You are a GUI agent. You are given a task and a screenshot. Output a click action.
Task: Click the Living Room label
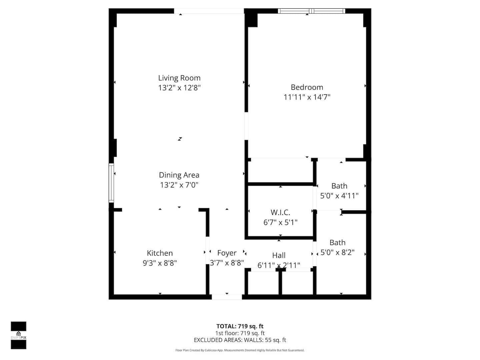pyautogui.click(x=179, y=78)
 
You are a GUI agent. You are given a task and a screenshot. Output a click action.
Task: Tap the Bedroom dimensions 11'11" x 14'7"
pyautogui.click(x=307, y=97)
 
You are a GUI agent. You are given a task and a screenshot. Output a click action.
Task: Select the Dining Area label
pyautogui.click(x=179, y=175)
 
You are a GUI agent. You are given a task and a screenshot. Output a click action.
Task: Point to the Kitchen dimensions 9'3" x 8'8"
pyautogui.click(x=160, y=263)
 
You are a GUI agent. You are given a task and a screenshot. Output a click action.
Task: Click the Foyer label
pyautogui.click(x=227, y=253)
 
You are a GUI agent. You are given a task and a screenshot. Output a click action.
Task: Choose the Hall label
pyautogui.click(x=279, y=255)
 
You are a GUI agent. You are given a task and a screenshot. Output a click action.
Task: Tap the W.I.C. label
pyautogui.click(x=280, y=212)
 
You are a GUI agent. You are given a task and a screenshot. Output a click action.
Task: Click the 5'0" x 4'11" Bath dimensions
pyautogui.click(x=339, y=196)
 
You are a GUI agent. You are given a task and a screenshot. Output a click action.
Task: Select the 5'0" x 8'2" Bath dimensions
pyautogui.click(x=337, y=252)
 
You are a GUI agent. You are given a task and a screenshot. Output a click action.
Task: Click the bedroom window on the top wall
pyautogui.click(x=311, y=11)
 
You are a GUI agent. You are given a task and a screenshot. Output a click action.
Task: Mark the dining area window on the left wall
pyautogui.click(x=111, y=183)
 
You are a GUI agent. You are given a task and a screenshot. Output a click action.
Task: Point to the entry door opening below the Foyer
pyautogui.click(x=227, y=297)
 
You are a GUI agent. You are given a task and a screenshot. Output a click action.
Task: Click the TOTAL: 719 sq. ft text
pyautogui.click(x=240, y=326)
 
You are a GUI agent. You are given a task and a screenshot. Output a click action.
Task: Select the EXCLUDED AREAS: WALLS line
pyautogui.click(x=240, y=340)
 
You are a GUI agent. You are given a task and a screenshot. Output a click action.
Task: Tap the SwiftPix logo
pyautogui.click(x=19, y=335)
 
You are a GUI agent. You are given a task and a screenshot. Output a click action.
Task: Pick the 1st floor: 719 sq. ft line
pyautogui.click(x=240, y=333)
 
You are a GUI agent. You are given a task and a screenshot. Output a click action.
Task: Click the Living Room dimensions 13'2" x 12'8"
pyautogui.click(x=179, y=88)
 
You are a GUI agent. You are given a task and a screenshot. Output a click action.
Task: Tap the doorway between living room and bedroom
pyautogui.click(x=246, y=126)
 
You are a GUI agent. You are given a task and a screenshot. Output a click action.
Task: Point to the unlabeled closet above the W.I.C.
pyautogui.click(x=280, y=170)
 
